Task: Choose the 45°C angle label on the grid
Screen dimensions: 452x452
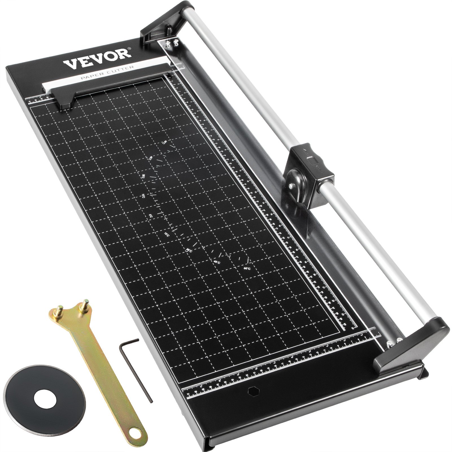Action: point(217,262)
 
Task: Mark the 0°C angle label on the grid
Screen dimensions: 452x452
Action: point(158,216)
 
